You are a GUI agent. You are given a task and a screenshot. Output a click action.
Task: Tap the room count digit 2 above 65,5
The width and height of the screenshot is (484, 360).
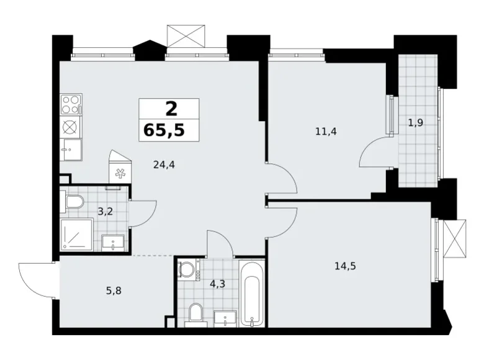point(170,109)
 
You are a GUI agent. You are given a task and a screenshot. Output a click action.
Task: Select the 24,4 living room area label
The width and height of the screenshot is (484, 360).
point(164,165)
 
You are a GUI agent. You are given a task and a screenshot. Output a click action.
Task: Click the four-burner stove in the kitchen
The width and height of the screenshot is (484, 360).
point(71,102)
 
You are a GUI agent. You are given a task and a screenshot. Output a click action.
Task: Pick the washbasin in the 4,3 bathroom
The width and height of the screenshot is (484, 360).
point(225,318)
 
